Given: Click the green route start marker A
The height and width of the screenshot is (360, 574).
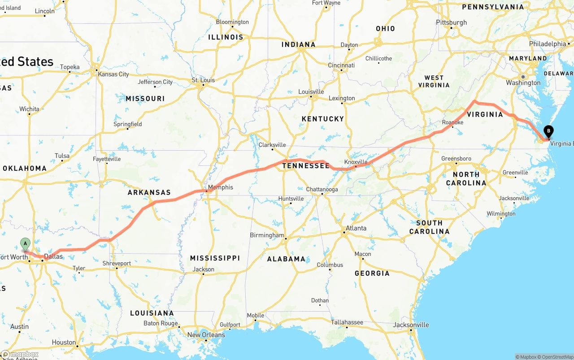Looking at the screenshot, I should (26, 244).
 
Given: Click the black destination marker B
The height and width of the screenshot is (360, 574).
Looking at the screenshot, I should (548, 132).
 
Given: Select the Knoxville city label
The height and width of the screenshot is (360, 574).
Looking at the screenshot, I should (356, 162).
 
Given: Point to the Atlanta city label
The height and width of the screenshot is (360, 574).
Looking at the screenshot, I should (356, 228).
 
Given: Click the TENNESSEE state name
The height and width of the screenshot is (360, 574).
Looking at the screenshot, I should (306, 166).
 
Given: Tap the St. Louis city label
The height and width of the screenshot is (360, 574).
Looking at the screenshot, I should (204, 80).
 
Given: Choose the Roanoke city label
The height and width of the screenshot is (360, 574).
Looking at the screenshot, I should (452, 122).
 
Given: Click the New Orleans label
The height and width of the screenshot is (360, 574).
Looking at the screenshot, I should (206, 335).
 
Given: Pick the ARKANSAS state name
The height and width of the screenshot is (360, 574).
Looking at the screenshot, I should (149, 192).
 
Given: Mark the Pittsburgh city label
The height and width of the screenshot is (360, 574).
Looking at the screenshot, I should (452, 22).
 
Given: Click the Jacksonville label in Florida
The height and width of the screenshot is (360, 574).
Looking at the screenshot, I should (411, 325).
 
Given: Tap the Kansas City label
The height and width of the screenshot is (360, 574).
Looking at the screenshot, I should (114, 74).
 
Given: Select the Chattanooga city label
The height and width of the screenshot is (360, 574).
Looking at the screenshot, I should (322, 189).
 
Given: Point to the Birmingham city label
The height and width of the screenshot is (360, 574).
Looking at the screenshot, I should (267, 235).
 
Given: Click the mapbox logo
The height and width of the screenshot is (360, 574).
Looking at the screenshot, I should (20, 354).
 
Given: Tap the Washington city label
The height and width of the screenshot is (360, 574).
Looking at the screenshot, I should (523, 83).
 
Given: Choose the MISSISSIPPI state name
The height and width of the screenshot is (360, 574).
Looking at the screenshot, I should (215, 258).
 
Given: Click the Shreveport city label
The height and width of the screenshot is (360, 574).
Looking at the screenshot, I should (117, 264).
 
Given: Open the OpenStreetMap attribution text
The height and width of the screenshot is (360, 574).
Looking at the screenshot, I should (556, 357).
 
